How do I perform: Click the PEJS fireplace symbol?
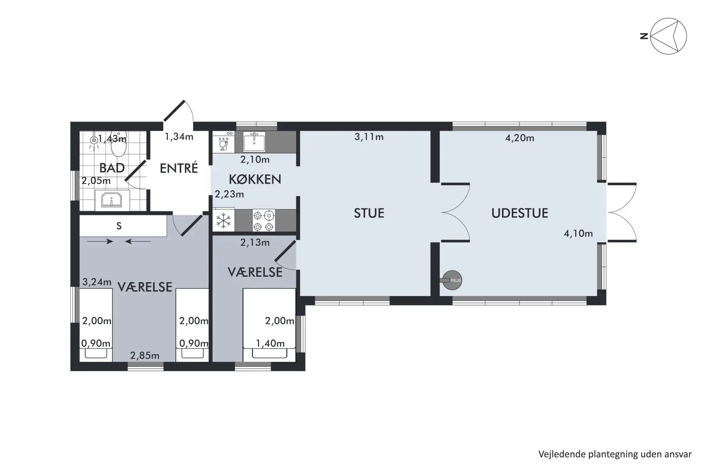click(451, 280)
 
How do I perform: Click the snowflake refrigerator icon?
click(224, 221)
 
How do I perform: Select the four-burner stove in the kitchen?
click(264, 220)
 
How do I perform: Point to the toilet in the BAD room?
click(119, 144)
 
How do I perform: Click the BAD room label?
click(112, 168)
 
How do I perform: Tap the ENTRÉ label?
click(179, 168)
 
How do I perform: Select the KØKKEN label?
click(255, 179)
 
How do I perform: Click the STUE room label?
click(369, 213)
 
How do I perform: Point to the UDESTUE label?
click(520, 213)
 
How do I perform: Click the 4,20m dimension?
click(520, 138)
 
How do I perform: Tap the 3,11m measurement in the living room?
click(369, 137)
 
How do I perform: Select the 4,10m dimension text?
click(578, 233)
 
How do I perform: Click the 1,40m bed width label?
click(270, 343)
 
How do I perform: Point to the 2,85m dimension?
click(145, 355)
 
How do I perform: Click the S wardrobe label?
click(119, 226)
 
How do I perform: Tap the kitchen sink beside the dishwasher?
click(254, 142)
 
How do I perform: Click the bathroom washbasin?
click(112, 201)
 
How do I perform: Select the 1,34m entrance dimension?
click(179, 137)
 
